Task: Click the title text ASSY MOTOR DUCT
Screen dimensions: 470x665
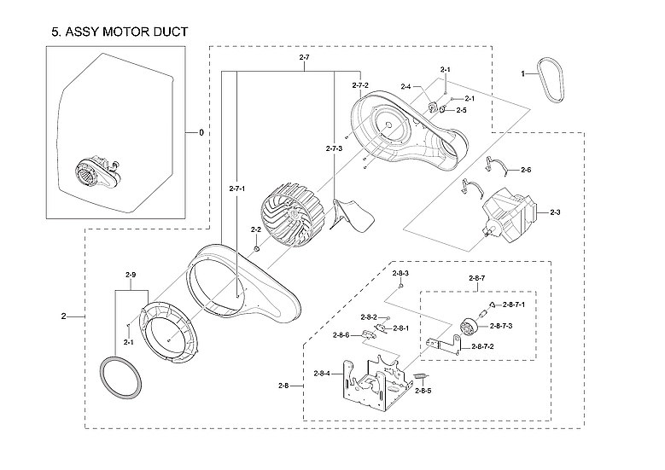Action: tap(120, 32)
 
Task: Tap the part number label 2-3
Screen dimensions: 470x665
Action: tap(555, 212)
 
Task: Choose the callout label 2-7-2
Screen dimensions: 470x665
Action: tap(359, 85)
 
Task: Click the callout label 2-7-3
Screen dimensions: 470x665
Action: tap(334, 149)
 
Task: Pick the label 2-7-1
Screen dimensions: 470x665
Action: tap(237, 188)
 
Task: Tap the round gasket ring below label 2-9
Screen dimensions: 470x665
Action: tap(119, 375)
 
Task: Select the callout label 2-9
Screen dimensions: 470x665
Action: tap(131, 275)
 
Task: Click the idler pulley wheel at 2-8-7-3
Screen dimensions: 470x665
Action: tap(469, 326)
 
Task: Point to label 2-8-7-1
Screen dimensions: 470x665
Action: tap(514, 305)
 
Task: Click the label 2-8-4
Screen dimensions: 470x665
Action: tap(324, 374)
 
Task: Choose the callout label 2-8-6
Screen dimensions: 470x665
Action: tap(341, 335)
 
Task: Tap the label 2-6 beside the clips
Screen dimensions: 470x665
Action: tap(525, 171)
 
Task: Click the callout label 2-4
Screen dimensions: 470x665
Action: tap(406, 87)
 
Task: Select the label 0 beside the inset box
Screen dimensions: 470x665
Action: tap(201, 133)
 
